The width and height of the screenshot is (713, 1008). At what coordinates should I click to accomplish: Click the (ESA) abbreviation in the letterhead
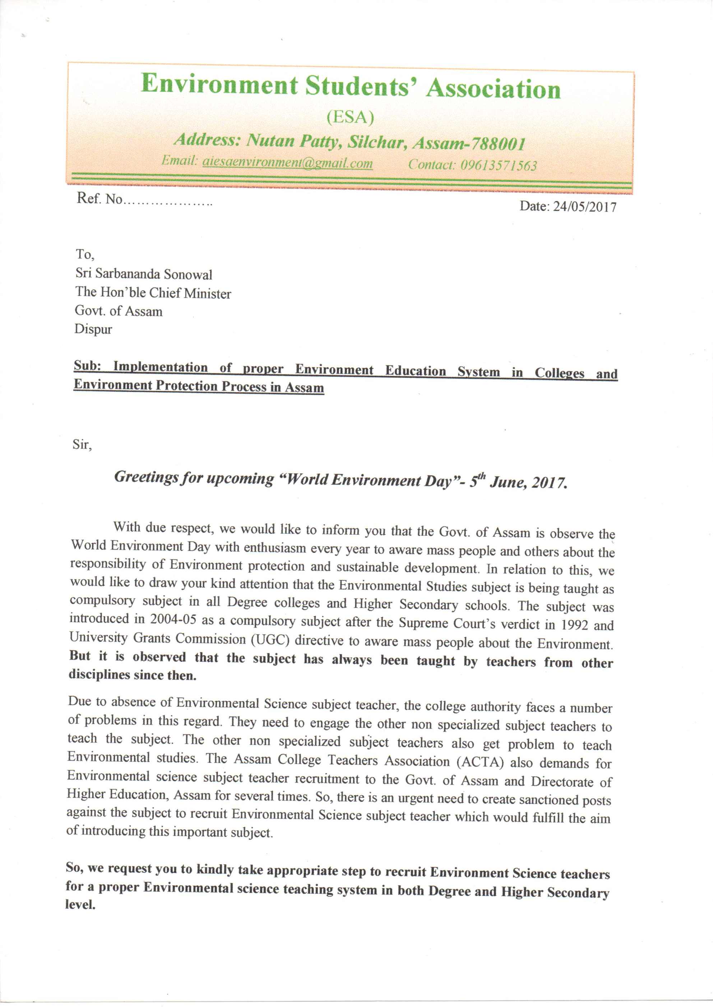(x=350, y=117)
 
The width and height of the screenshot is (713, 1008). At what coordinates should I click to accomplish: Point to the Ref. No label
(x=99, y=199)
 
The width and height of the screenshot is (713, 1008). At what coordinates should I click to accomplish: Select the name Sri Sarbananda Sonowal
(x=144, y=274)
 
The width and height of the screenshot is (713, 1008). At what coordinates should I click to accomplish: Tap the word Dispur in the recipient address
(x=93, y=329)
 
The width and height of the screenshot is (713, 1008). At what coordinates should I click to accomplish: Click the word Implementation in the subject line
(x=160, y=367)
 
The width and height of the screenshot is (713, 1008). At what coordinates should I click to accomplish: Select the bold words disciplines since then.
(x=133, y=675)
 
